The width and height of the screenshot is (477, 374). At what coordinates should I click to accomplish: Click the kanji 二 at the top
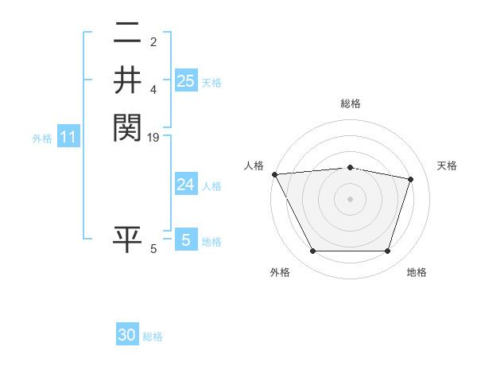tap(127, 34)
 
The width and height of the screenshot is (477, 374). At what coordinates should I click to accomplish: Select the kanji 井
tap(127, 80)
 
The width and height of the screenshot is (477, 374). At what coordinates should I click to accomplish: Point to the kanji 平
tap(127, 240)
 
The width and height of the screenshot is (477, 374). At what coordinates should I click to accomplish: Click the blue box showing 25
tap(185, 81)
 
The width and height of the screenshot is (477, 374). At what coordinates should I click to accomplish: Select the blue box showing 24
tap(185, 185)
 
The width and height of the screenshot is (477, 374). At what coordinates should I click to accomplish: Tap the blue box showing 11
tap(68, 137)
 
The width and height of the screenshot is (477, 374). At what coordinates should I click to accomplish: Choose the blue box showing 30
tap(127, 335)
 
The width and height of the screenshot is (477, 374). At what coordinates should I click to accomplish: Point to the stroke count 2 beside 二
tap(153, 41)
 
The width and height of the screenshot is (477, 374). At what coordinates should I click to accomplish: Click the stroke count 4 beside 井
tap(153, 90)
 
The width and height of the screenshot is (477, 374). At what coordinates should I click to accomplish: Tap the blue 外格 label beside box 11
tap(42, 138)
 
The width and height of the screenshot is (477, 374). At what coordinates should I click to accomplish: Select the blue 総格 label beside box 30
tap(153, 337)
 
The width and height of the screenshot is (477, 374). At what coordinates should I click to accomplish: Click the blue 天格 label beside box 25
tap(211, 82)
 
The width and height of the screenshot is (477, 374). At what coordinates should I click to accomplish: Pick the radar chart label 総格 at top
tap(350, 103)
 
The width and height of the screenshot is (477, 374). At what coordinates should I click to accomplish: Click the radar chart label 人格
tap(254, 165)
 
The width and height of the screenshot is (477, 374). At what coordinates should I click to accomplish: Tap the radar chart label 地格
tap(417, 272)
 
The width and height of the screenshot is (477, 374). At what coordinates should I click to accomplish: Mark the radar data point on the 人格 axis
tap(274, 174)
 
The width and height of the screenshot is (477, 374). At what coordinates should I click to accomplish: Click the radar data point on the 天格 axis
tap(411, 179)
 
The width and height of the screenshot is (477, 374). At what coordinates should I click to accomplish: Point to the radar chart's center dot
tap(350, 199)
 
